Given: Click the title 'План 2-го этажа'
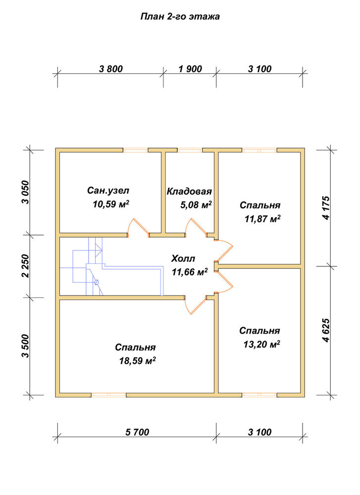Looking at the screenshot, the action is (x=180, y=17).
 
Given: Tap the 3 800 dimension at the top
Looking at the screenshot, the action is (x=110, y=69).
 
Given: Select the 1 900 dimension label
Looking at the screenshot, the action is (x=190, y=69).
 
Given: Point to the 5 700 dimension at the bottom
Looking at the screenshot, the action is (x=137, y=432).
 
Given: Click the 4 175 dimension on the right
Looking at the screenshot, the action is (x=326, y=207).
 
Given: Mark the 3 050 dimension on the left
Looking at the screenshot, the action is (x=25, y=192).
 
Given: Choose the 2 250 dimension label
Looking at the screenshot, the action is (x=25, y=266).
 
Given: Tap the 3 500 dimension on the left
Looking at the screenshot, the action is (x=25, y=346).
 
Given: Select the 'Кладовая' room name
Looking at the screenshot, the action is (x=189, y=191).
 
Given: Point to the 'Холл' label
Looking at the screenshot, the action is (x=183, y=258).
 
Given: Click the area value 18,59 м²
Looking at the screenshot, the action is (x=137, y=360).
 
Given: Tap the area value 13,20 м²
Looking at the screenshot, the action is (x=262, y=344).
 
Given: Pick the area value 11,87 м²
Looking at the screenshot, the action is (x=263, y=218).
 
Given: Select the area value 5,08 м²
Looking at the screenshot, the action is (x=196, y=205).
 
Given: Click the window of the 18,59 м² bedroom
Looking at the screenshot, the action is (x=109, y=395).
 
